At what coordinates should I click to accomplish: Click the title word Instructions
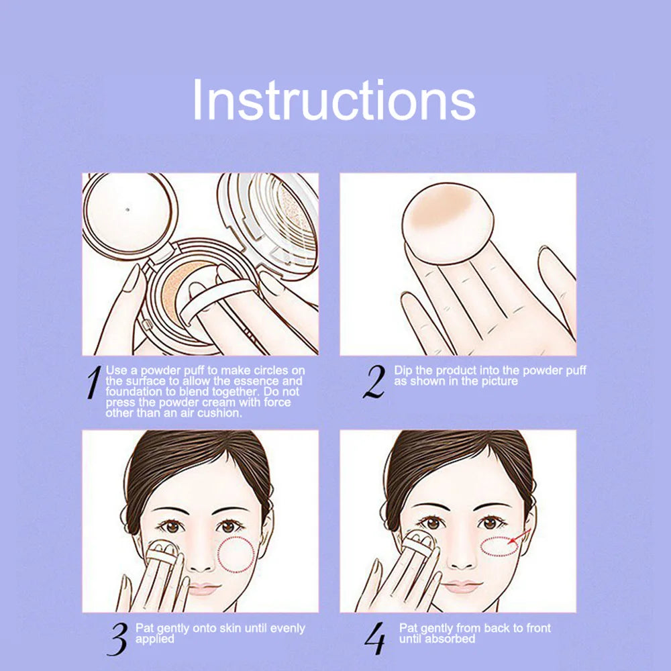[333, 101]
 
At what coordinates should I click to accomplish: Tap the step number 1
[93, 382]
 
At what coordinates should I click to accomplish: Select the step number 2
[374, 382]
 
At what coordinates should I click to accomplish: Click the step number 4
[375, 639]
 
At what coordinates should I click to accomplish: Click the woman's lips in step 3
[203, 588]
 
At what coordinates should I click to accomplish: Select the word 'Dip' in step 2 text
[403, 370]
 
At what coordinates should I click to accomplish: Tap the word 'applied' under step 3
[154, 638]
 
